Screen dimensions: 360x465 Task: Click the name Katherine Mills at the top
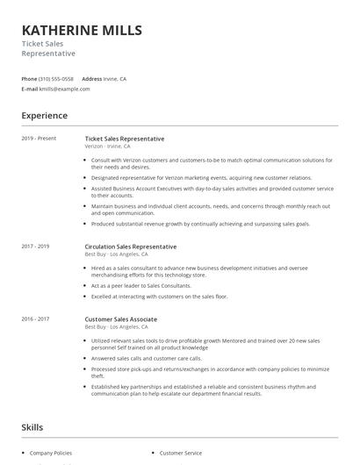(81, 31)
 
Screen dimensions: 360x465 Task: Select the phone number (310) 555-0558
(56, 78)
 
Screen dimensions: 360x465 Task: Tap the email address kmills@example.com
(65, 89)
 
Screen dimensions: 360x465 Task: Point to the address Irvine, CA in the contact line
(123, 78)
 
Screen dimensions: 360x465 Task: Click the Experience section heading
(44, 116)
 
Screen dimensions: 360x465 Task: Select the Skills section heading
(32, 427)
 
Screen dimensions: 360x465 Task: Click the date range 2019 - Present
(39, 139)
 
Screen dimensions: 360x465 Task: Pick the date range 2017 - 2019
(35, 247)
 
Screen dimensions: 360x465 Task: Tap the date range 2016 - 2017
(35, 318)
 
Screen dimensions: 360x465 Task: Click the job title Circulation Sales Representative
(130, 247)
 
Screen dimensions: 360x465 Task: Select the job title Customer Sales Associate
(121, 318)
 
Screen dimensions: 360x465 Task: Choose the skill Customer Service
(180, 453)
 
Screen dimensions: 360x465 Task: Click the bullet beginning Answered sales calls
(146, 358)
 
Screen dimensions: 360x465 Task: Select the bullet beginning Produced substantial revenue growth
(200, 224)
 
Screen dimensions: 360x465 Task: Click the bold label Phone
(29, 78)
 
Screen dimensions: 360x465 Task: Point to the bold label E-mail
(30, 89)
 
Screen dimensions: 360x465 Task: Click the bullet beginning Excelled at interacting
(159, 297)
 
